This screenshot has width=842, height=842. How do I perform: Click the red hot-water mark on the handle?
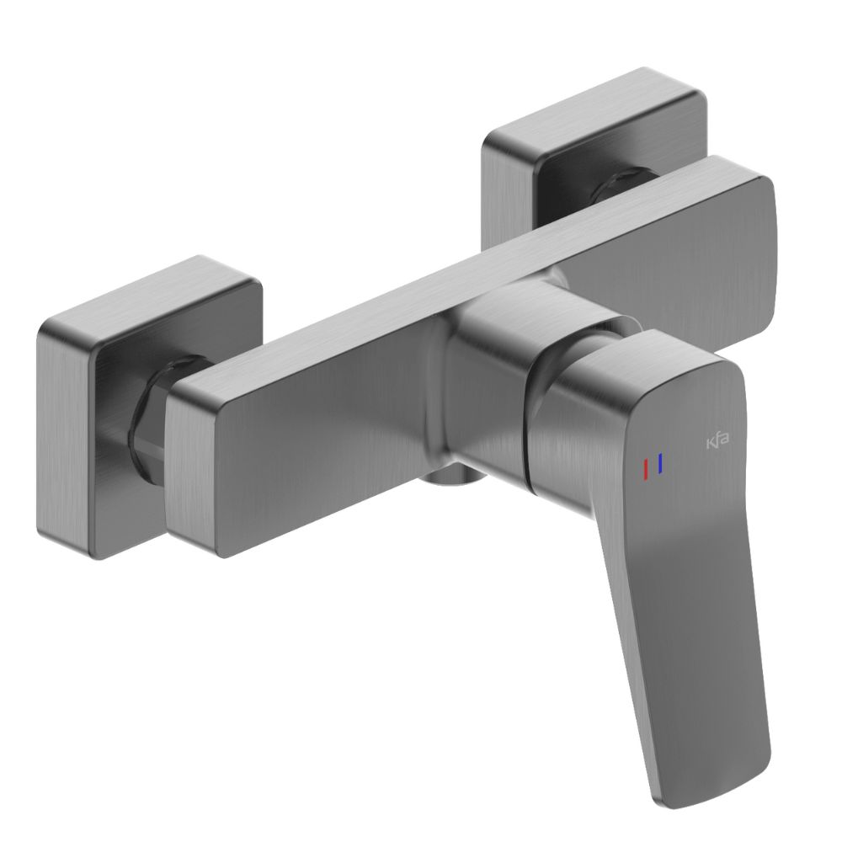pos(646,469)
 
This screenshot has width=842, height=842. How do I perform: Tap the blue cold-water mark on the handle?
pos(662,463)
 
